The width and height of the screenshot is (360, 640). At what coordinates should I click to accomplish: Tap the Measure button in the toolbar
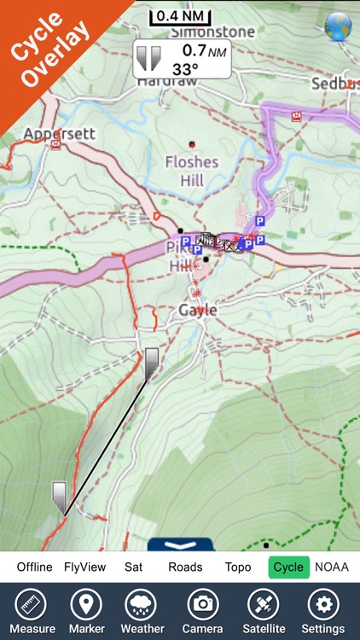click(x=32, y=612)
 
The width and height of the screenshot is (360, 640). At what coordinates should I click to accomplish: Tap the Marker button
click(x=85, y=612)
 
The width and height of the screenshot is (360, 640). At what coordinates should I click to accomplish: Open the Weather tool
click(x=142, y=612)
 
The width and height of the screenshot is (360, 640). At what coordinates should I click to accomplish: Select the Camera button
click(x=203, y=612)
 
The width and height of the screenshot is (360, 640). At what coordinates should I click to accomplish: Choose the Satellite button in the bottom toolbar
click(x=263, y=612)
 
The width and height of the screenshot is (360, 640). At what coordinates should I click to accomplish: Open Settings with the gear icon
click(x=323, y=612)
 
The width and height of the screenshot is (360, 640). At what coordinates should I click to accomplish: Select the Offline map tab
click(x=34, y=567)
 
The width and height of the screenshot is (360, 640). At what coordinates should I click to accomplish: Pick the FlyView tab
click(x=84, y=567)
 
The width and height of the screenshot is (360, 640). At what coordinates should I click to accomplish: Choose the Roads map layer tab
click(x=185, y=567)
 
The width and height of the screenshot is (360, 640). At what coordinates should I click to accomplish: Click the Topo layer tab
click(x=238, y=567)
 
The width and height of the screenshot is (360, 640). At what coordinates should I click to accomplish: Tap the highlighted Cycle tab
click(x=288, y=567)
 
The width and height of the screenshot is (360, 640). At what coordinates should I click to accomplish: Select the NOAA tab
click(x=332, y=567)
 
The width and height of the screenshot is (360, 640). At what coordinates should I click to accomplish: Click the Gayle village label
click(x=198, y=311)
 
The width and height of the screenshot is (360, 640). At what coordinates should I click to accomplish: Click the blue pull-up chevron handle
click(x=179, y=544)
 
